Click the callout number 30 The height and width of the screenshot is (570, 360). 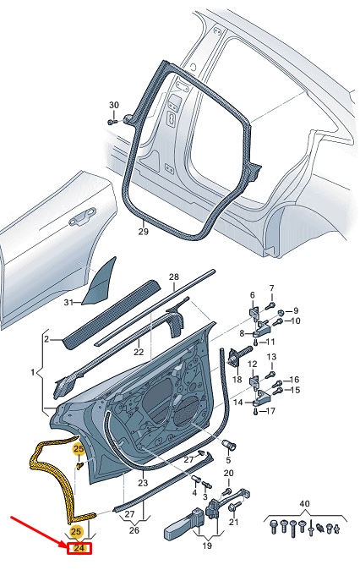tap(114, 104)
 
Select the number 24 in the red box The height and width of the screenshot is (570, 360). tap(79, 548)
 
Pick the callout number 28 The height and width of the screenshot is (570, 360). tap(173, 277)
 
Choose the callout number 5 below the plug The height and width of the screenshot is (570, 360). tap(227, 459)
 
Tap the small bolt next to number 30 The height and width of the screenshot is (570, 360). tap(112, 122)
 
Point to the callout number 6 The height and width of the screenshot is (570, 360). tap(251, 295)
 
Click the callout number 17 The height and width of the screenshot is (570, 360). tap(270, 411)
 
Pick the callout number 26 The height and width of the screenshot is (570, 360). tap(134, 531)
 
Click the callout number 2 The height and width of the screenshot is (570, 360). tap(47, 339)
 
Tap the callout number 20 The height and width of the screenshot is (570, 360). tap(227, 474)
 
